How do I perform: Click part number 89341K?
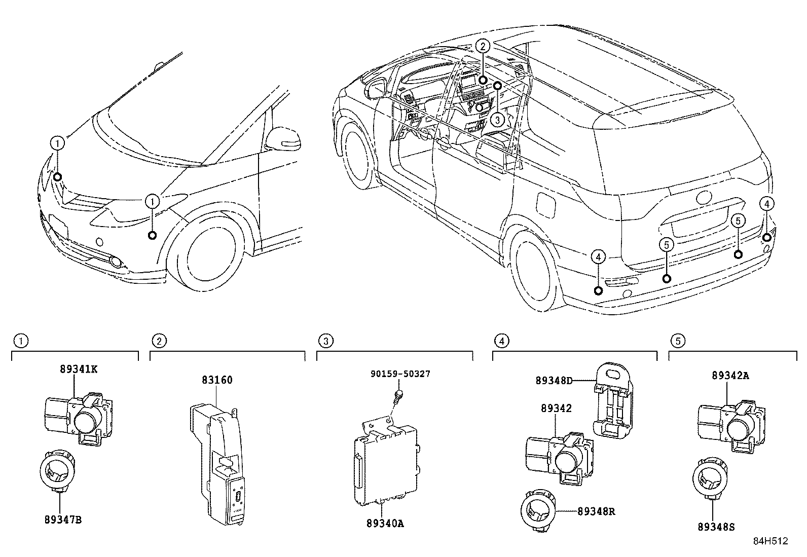pos(79,369)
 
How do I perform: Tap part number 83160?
pos(217,380)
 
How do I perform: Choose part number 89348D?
pos(554,380)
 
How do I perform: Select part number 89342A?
pos(730,376)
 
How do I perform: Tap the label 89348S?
pos(716,527)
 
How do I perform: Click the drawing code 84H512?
pos(770,541)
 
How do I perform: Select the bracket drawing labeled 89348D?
pos(613,400)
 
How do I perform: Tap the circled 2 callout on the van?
pos(483,46)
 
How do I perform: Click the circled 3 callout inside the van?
pos(498,120)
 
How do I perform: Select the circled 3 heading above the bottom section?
pos(327,341)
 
